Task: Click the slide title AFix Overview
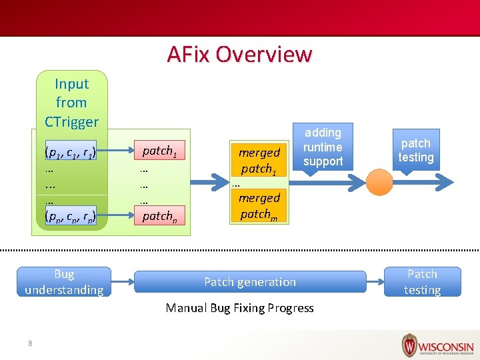(x=239, y=53)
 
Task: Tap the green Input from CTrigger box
(x=71, y=102)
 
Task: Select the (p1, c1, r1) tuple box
(x=70, y=151)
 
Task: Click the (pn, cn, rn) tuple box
(x=70, y=215)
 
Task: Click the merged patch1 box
(x=259, y=160)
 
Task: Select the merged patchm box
(x=259, y=205)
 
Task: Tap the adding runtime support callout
(x=323, y=148)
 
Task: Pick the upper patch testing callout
(x=416, y=151)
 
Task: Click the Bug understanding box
(x=64, y=282)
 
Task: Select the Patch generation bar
(x=250, y=282)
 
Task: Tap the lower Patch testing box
(x=422, y=282)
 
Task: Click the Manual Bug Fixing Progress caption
(x=239, y=308)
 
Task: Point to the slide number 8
(x=30, y=343)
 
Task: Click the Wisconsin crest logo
(x=409, y=345)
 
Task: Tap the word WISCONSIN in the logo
(x=447, y=347)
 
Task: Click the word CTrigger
(x=71, y=121)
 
